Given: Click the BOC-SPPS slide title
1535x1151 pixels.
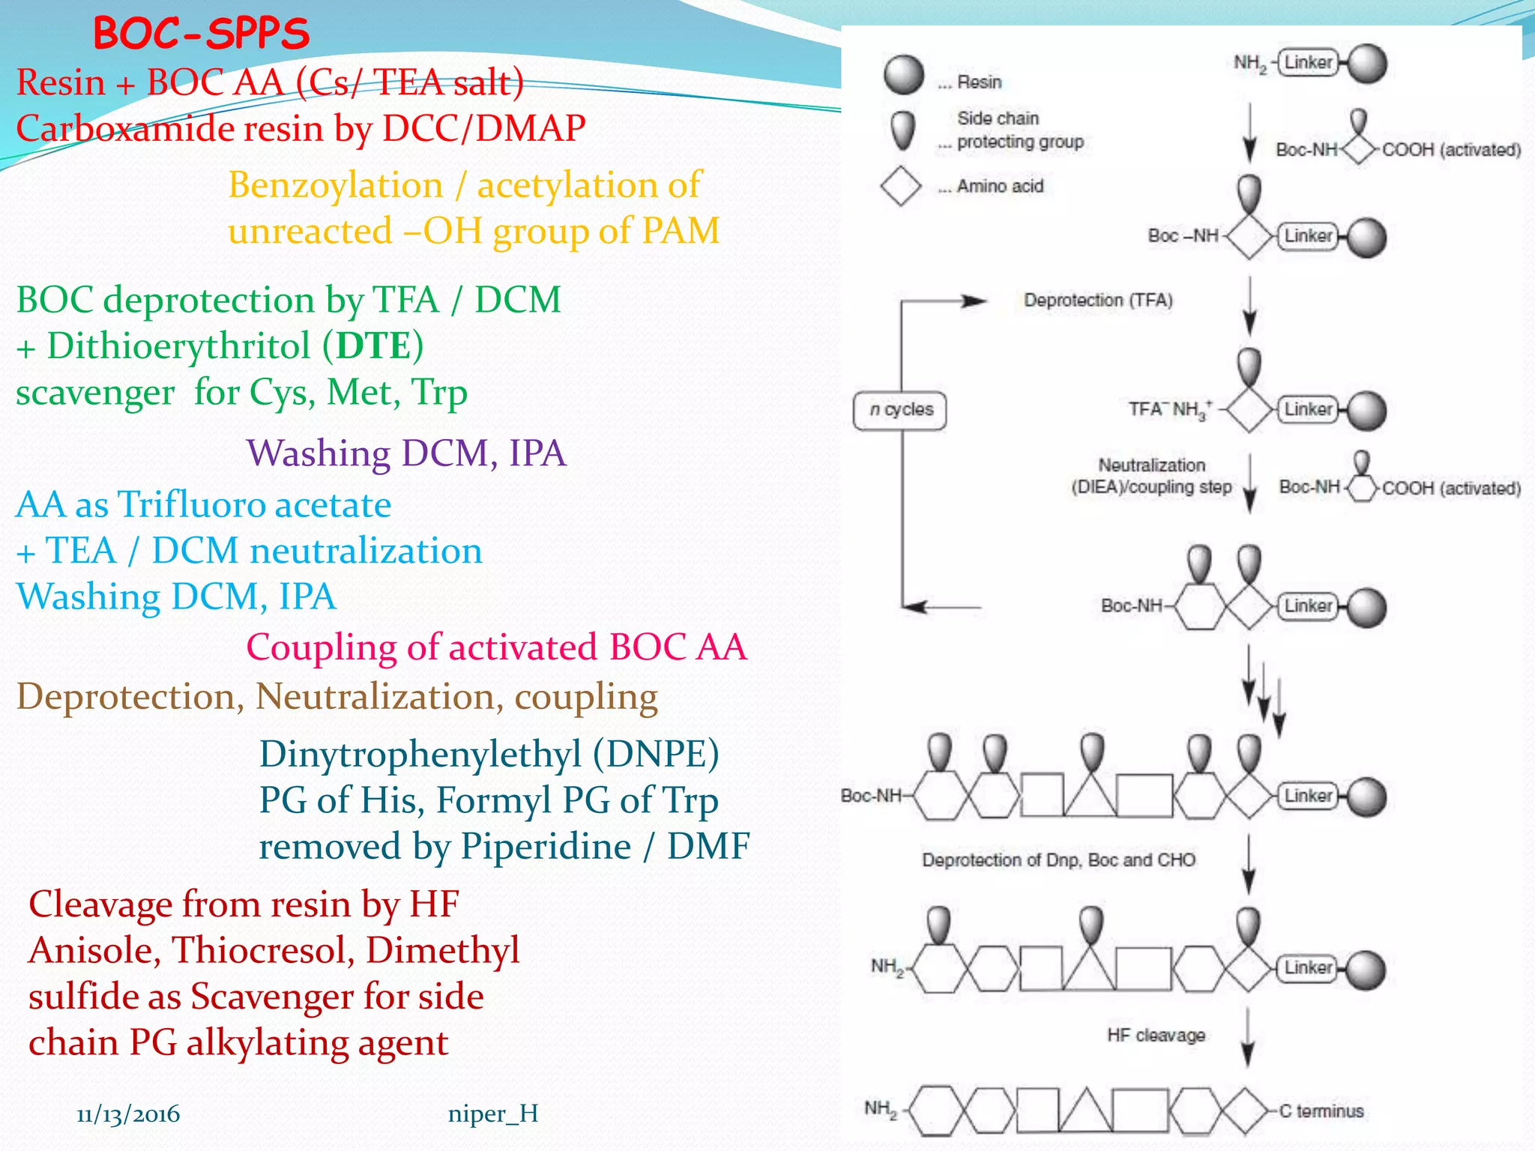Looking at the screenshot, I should (201, 34).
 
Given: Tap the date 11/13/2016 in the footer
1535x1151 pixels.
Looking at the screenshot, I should (128, 1114).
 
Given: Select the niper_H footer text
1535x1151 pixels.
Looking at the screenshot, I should (492, 1114).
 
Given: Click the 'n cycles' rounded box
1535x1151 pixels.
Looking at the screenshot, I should (900, 410).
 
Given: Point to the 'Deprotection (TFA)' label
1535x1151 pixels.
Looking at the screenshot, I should (1098, 300).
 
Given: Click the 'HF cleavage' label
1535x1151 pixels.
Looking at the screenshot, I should (1156, 1035).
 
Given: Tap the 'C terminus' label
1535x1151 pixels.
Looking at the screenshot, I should (1321, 1111).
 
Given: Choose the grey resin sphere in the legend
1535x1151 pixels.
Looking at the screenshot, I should (903, 74).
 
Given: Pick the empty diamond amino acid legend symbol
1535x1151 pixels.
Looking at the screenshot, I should (900, 186).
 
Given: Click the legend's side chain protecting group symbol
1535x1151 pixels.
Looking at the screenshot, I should (903, 130).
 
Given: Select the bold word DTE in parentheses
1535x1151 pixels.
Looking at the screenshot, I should (373, 346).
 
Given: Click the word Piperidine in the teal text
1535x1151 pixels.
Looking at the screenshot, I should (545, 847).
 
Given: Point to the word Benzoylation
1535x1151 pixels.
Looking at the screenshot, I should (335, 185).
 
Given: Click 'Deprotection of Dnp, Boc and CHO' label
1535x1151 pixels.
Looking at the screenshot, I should (1058, 860).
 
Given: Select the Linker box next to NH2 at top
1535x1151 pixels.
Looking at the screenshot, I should (1308, 62).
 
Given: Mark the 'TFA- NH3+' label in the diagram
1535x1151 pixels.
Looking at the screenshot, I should (1170, 409).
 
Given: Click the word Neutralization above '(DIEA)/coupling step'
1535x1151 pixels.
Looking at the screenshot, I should (1151, 465).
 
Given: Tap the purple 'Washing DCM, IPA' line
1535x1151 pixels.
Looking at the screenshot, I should (406, 453).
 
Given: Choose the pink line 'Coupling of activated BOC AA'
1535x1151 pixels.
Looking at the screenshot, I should (496, 647).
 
